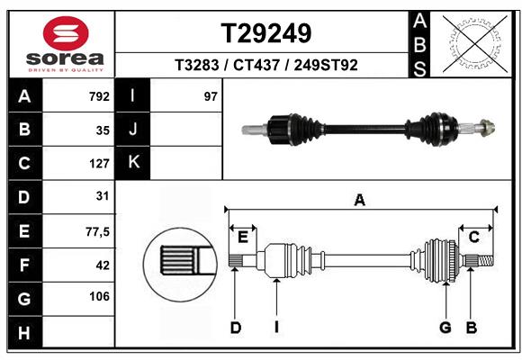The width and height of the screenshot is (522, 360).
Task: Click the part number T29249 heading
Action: point(266,33)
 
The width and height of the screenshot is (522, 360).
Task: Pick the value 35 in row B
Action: point(102,130)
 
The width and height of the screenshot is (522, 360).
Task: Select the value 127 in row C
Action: point(99,163)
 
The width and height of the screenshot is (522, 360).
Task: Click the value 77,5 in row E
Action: point(97,231)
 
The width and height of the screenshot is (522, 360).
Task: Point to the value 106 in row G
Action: point(99,297)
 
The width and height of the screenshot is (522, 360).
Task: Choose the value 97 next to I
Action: point(211,96)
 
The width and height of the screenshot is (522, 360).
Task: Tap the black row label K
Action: point(133,163)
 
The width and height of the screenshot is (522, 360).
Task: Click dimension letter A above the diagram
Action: point(360,201)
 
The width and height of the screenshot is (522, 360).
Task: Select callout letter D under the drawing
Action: point(235,328)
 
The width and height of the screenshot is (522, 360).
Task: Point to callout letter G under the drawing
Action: point(445,328)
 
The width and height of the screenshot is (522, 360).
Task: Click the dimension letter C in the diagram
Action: point(473,237)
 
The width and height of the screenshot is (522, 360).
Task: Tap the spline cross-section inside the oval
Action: point(180,263)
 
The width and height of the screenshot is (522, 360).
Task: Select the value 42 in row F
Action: point(102,265)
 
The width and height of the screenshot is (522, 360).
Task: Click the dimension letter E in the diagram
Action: point(243,237)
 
